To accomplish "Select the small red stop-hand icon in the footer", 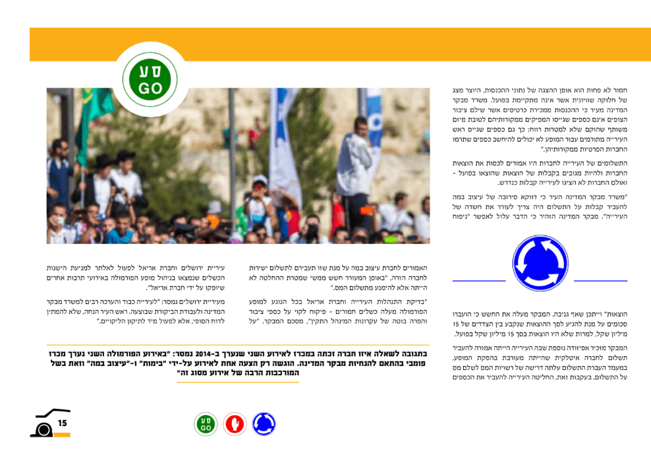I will pos(234,424).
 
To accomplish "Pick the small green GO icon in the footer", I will pos(205,424).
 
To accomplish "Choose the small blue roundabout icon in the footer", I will pos(264,424).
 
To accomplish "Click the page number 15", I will pos(63,423).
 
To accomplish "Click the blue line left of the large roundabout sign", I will pos(479,281).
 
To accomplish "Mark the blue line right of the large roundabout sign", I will pos(600,281).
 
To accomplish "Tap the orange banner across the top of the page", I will pos(340,44).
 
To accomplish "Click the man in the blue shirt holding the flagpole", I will pos(59,171).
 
